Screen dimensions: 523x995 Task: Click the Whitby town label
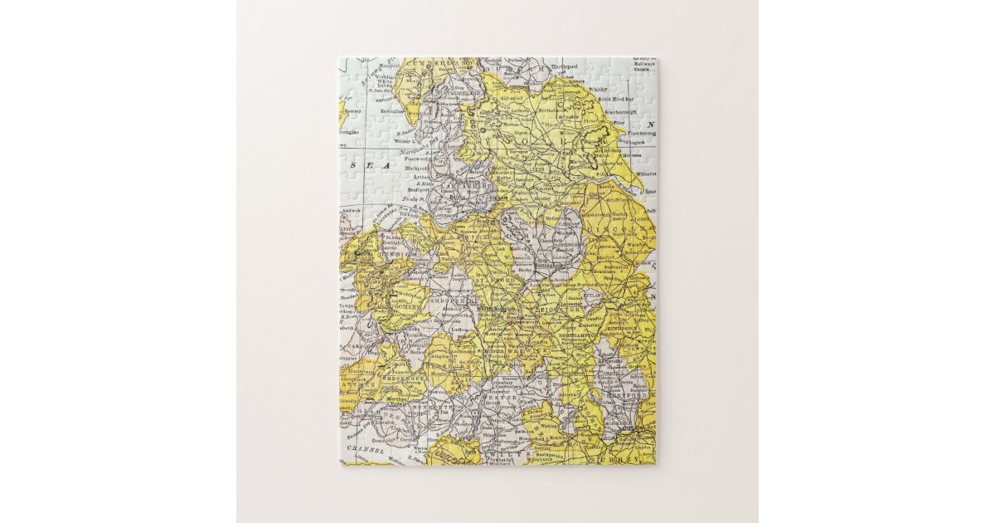[597, 87]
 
